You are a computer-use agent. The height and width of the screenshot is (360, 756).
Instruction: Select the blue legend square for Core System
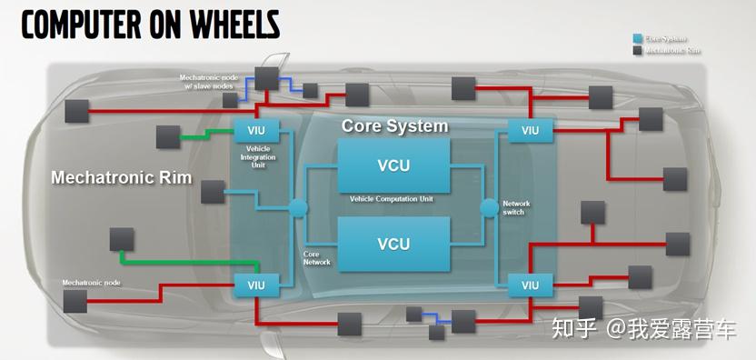point(638,39)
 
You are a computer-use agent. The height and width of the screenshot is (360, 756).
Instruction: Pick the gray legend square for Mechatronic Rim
point(638,51)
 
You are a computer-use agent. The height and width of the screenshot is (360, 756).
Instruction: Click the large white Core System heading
point(394,125)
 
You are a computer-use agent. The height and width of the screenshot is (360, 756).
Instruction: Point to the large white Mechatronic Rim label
point(121,177)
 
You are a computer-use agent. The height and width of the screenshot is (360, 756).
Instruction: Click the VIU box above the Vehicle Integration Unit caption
point(257,130)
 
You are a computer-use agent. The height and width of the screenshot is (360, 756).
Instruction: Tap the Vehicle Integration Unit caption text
point(257,156)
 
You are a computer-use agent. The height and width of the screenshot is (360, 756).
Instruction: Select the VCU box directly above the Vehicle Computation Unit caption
point(393,165)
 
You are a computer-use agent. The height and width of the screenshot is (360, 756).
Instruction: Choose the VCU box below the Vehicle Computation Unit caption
point(393,244)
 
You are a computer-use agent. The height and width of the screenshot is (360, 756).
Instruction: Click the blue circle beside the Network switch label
point(490,207)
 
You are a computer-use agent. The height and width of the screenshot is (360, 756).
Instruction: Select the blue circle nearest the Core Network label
point(297,207)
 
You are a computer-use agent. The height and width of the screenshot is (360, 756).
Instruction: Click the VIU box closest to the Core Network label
point(257,285)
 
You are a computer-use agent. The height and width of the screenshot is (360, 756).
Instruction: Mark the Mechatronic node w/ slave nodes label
point(210,83)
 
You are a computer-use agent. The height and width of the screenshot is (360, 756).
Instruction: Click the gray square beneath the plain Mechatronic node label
point(75,301)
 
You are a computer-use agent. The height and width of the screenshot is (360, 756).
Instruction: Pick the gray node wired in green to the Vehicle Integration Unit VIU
point(169,137)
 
